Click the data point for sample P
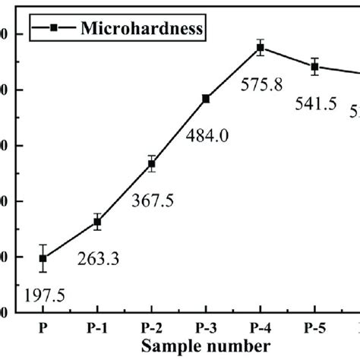pyautogui.click(x=43, y=258)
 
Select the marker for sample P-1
pyautogui.click(x=97, y=222)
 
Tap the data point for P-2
pyautogui.click(x=152, y=163)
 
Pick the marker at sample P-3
pyautogui.click(x=206, y=99)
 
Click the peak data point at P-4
pyautogui.click(x=261, y=48)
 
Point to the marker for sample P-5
pyautogui.click(x=314, y=66)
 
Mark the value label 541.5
pyautogui.click(x=314, y=104)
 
